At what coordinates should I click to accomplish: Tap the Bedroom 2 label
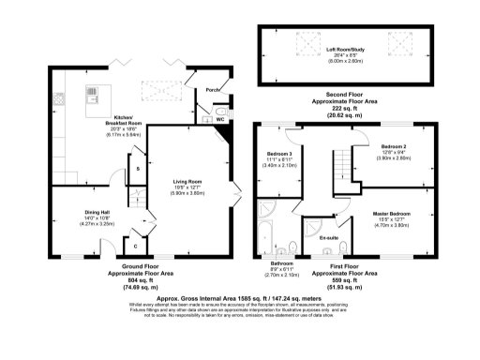click(393, 147)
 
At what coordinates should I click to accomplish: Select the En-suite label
click(328, 238)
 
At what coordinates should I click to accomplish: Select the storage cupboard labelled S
click(139, 169)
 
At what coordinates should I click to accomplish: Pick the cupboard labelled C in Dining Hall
click(137, 247)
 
